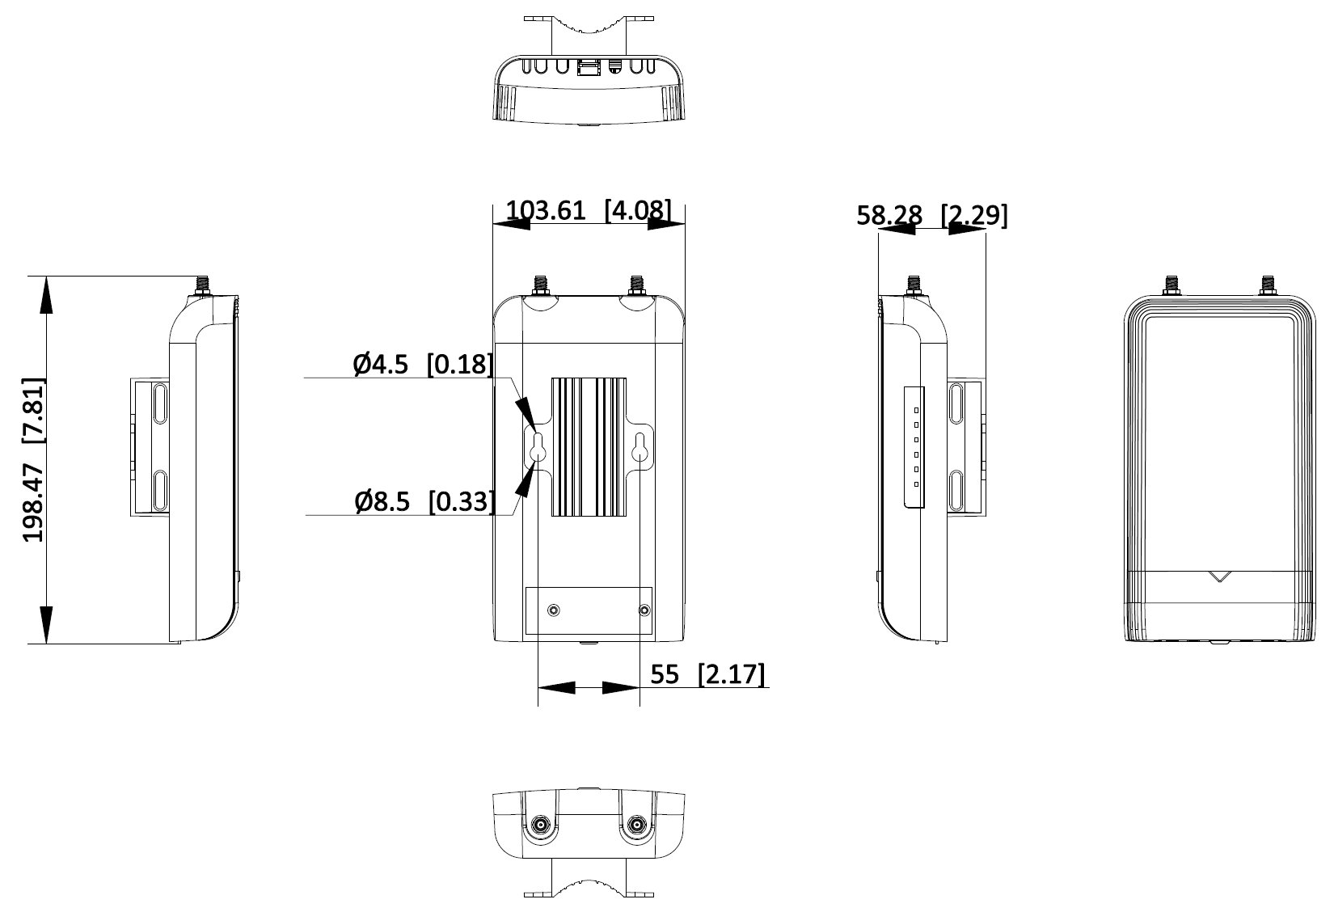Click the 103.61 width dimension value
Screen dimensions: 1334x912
pyautogui.click(x=546, y=209)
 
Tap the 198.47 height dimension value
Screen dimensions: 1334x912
pyautogui.click(x=33, y=503)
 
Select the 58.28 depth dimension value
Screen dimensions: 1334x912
pyautogui.click(x=889, y=216)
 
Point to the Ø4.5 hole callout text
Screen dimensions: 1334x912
pyautogui.click(x=381, y=365)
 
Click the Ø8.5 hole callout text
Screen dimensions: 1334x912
pyautogui.click(x=382, y=502)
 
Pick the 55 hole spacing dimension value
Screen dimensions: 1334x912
pyautogui.click(x=664, y=674)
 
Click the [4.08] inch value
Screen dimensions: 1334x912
pyautogui.click(x=638, y=209)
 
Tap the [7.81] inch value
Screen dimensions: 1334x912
pyautogui.click(x=33, y=411)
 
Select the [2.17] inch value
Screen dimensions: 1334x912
pyautogui.click(x=732, y=674)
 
